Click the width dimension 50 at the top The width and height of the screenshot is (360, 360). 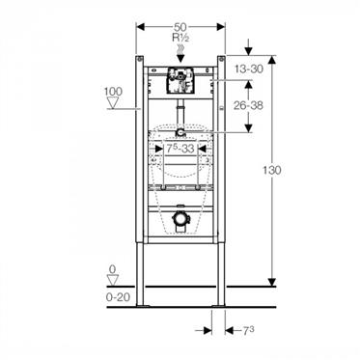coord(180,27)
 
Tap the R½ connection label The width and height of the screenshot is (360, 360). coord(180,38)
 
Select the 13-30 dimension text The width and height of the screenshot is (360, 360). coord(248,69)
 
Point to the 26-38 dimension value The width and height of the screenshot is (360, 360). coord(248,105)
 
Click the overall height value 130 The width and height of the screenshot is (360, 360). coord(272,170)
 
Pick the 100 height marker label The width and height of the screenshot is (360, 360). coord(113,92)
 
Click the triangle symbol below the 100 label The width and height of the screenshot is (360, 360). coord(113,102)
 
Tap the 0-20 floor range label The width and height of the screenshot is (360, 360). coord(118,297)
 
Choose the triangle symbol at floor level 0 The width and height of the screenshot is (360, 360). coord(113,280)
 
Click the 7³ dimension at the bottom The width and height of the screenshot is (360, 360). coord(248,331)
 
